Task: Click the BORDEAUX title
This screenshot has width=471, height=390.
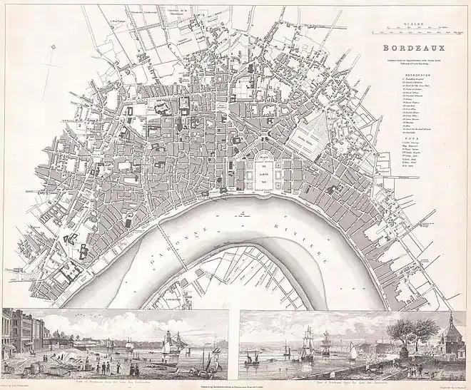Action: coord(412,49)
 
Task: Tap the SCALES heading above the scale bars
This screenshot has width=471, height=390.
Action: coord(412,24)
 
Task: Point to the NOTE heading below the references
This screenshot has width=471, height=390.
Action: coord(412,140)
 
